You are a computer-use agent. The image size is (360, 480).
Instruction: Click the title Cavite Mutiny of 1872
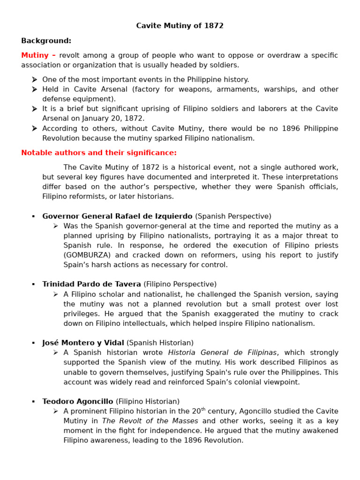(180, 26)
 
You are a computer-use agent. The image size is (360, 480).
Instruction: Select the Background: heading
(46, 41)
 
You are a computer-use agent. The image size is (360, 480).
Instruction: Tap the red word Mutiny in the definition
(35, 55)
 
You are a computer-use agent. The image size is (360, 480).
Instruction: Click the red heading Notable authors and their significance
(99, 153)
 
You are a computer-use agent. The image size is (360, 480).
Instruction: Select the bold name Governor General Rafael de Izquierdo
(117, 216)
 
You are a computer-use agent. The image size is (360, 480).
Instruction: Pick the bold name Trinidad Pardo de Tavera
(91, 284)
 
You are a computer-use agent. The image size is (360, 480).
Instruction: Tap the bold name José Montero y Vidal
(83, 343)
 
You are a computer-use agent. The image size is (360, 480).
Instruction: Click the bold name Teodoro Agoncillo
(77, 401)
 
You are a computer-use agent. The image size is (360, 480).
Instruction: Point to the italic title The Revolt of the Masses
(150, 421)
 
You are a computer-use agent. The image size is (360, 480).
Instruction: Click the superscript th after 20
(203, 409)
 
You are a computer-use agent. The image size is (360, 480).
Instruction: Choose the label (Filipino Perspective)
(180, 284)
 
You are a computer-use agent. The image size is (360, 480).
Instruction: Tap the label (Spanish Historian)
(160, 343)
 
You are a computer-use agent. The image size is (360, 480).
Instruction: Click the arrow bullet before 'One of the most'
(34, 80)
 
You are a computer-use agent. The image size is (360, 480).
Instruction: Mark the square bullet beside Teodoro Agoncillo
(33, 402)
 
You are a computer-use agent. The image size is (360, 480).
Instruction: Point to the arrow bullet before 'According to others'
(34, 128)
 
